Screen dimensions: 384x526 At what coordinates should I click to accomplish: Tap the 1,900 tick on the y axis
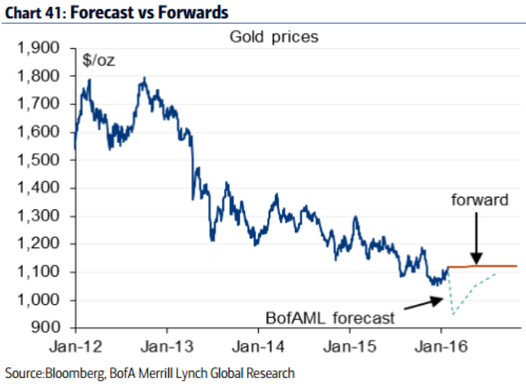(x=39, y=49)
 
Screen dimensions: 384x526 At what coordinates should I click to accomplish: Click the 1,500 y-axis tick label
(x=39, y=160)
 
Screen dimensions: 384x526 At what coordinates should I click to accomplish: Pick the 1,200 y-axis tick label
(x=39, y=244)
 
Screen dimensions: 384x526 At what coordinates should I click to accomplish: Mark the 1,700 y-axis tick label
(x=39, y=104)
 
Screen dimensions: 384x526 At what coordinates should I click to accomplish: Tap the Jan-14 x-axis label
(x=258, y=346)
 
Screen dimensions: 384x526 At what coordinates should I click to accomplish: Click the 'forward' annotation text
(x=479, y=200)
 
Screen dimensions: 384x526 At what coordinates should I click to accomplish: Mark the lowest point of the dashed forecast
(x=454, y=314)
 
